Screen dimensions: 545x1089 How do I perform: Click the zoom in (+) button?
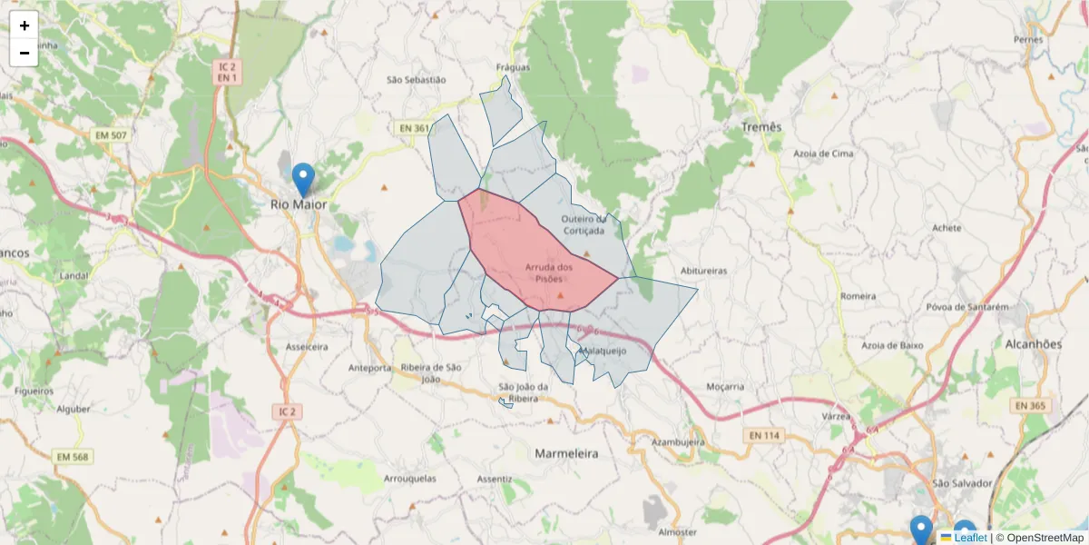click(x=25, y=25)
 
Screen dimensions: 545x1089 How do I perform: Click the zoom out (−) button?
click(x=25, y=53)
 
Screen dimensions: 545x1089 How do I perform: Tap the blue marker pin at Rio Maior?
click(x=304, y=178)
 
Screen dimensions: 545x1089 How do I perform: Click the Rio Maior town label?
click(x=299, y=204)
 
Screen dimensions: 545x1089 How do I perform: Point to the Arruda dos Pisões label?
click(x=549, y=272)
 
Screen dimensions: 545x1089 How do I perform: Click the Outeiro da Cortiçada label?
click(x=583, y=224)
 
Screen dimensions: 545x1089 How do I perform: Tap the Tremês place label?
click(x=760, y=127)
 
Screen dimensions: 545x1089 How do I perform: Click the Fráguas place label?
click(x=513, y=67)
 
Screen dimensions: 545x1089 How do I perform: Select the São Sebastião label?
click(x=417, y=80)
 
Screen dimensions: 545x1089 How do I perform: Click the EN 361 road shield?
click(x=414, y=128)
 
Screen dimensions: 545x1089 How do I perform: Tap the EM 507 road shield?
click(x=110, y=135)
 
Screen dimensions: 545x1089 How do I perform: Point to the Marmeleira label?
click(x=566, y=453)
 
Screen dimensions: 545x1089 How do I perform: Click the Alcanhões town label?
click(x=1034, y=344)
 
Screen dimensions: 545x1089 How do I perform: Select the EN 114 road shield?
click(x=764, y=436)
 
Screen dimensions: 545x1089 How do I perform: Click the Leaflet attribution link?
click(x=970, y=538)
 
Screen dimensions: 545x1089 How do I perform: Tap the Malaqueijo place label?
click(x=603, y=351)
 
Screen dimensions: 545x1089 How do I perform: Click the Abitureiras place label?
click(x=704, y=271)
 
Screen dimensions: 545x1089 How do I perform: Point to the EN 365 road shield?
click(x=1030, y=405)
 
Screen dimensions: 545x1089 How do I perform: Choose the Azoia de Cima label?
click(x=824, y=154)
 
